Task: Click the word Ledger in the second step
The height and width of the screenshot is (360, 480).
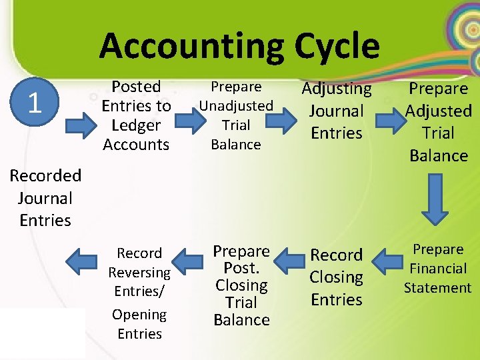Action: coord(136,125)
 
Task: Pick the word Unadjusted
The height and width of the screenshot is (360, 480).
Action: coord(236,105)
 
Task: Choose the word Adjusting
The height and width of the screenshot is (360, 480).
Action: coord(337,88)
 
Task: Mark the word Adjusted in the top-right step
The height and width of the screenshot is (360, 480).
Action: coord(439,111)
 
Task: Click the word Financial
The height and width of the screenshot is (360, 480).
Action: coord(438,269)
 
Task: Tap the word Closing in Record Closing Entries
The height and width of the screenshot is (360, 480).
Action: coord(336,277)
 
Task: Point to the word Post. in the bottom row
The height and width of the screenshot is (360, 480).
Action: coord(241,269)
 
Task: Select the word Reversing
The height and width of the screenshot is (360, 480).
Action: coord(139,273)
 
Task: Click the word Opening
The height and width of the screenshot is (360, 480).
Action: coord(139,315)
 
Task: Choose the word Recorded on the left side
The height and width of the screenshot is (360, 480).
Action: coord(45,176)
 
